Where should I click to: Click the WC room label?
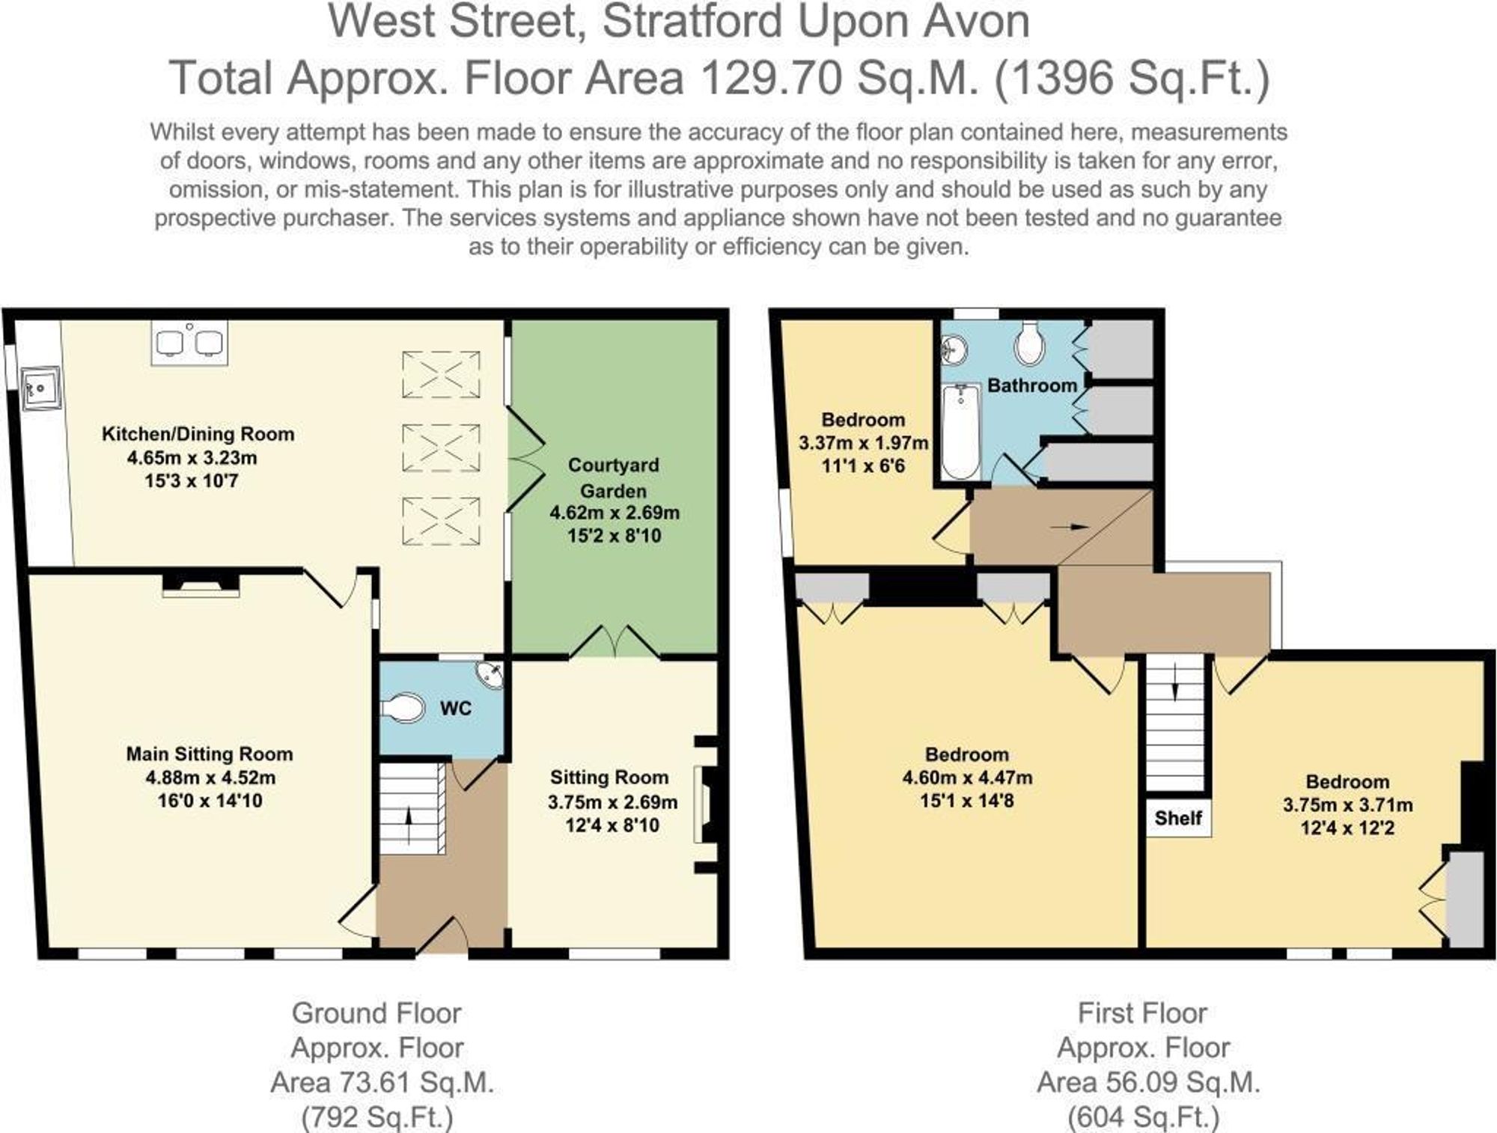[455, 708]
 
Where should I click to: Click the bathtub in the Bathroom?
[960, 432]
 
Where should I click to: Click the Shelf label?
[1177, 818]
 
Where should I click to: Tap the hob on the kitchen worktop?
[189, 343]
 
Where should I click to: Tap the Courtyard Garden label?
[614, 477]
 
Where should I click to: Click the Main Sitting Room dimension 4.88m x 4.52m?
[210, 778]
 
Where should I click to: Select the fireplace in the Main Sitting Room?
[201, 584]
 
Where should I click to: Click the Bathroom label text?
[1031, 385]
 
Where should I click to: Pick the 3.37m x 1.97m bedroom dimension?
[863, 443]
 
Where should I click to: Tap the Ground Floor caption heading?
[376, 1013]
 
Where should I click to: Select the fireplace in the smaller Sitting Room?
[704, 804]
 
